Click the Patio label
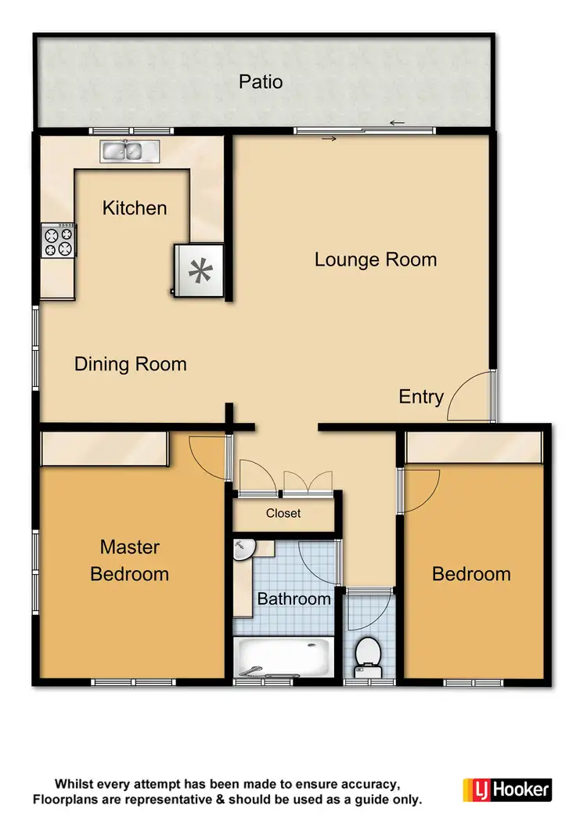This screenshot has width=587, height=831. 261,81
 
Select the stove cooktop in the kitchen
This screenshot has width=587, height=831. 59,240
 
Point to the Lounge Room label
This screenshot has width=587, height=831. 376,259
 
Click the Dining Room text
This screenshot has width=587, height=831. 131,364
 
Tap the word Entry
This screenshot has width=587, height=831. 421,396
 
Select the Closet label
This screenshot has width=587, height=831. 283,514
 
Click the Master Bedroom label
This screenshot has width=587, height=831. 129,561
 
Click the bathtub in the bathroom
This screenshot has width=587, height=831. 283,656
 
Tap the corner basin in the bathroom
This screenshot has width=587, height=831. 243,551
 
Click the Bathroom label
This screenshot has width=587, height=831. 294,599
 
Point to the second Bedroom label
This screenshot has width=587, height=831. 471,574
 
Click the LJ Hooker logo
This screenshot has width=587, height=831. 507,789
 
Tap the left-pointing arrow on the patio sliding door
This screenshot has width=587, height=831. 397,122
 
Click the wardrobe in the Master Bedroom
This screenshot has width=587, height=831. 104,450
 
